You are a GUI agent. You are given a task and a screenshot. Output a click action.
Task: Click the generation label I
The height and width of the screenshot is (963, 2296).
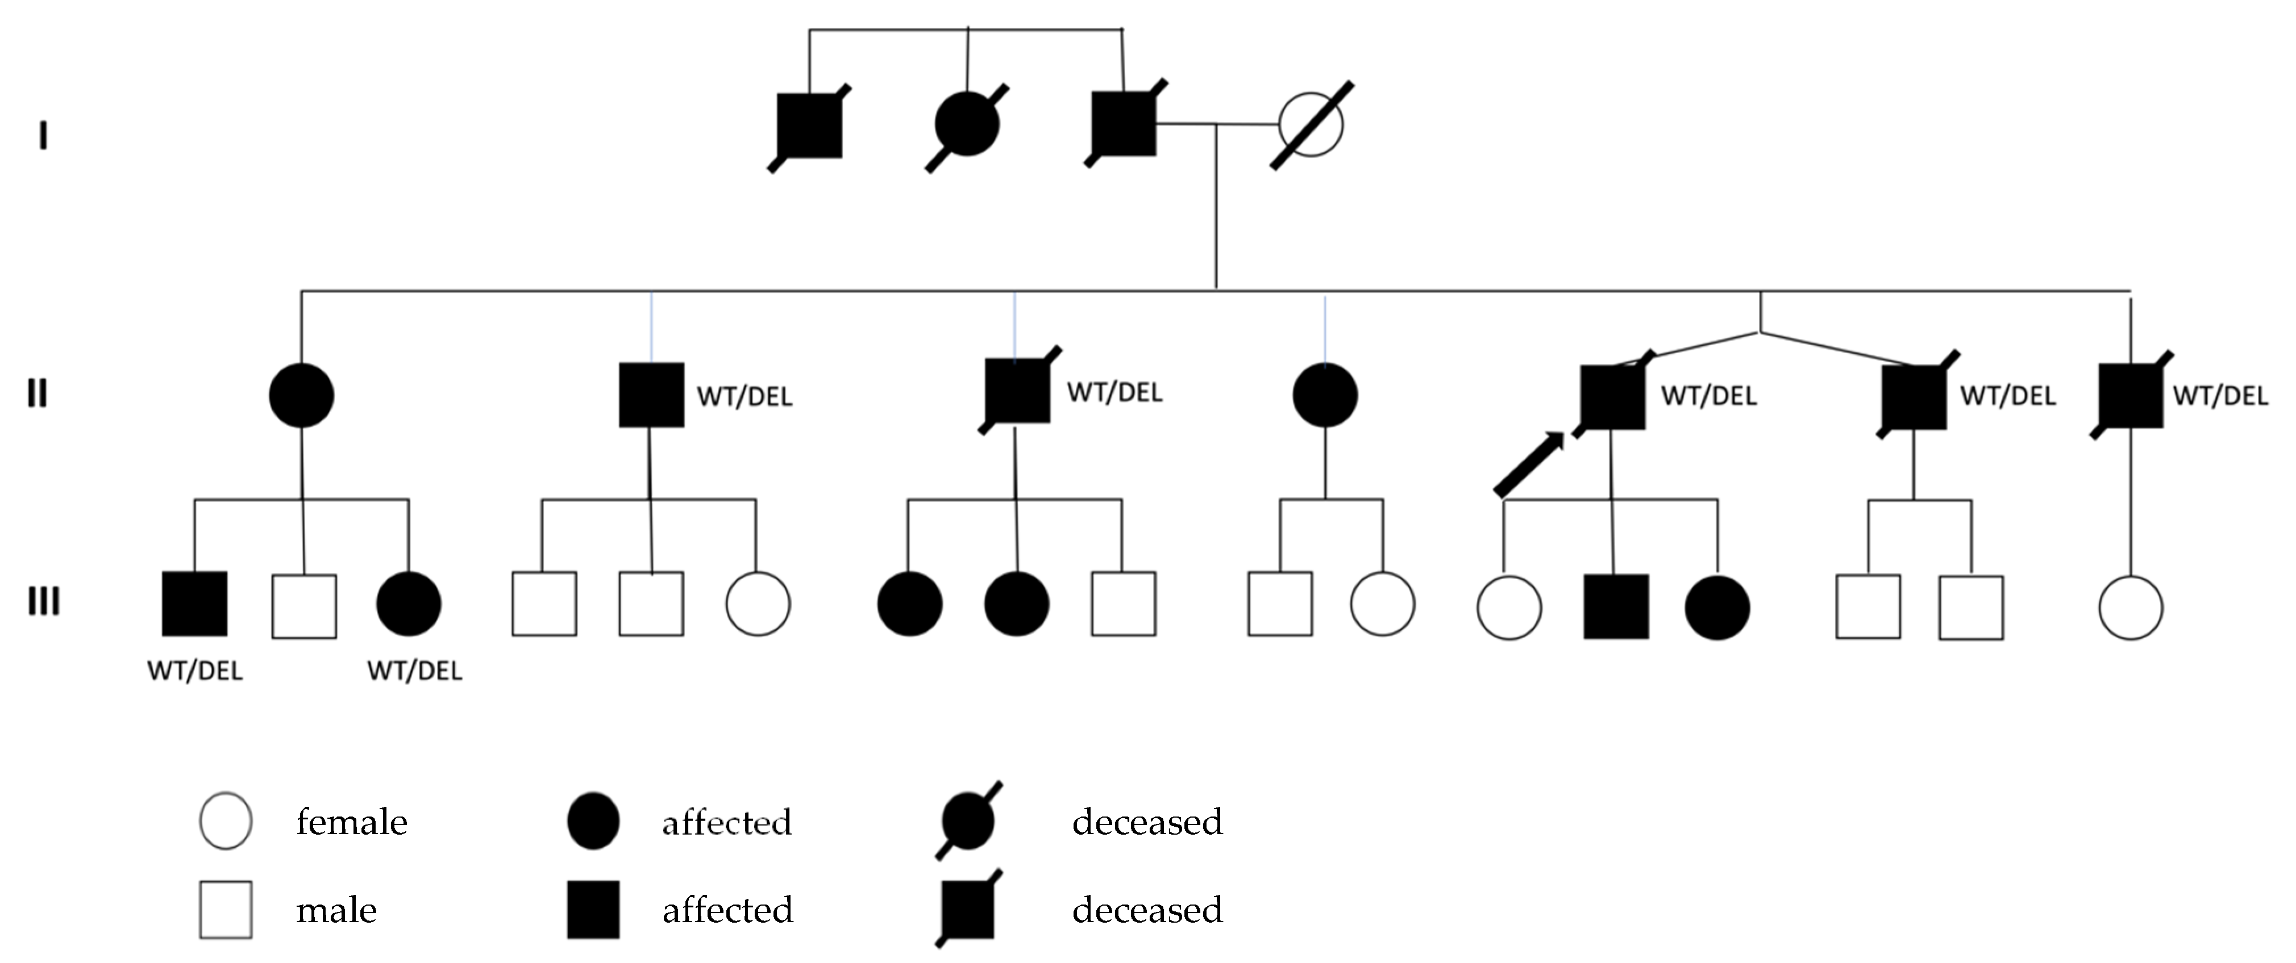click(43, 136)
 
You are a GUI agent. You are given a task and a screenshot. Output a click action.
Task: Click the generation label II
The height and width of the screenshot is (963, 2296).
click(36, 393)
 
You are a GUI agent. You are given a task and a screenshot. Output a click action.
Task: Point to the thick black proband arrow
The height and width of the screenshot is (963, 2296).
click(1528, 464)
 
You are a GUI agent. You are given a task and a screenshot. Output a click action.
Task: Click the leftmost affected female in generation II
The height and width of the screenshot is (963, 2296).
click(301, 395)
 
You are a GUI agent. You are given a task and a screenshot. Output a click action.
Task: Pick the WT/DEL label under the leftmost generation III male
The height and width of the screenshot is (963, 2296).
click(194, 671)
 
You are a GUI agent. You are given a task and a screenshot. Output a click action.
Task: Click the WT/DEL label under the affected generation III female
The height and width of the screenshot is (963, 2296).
click(414, 671)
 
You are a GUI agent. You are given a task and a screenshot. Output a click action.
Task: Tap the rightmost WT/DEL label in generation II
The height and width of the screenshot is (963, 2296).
click(2219, 396)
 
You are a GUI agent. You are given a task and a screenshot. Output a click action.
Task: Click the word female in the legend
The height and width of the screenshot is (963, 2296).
click(351, 822)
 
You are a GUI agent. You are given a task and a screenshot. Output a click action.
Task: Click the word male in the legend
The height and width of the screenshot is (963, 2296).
click(336, 910)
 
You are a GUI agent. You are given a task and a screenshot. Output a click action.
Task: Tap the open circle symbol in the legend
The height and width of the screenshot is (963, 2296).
click(226, 820)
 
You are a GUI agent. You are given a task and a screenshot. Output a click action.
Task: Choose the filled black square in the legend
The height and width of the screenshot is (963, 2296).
click(594, 910)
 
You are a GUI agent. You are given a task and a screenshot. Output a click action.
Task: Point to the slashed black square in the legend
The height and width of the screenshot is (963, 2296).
click(967, 910)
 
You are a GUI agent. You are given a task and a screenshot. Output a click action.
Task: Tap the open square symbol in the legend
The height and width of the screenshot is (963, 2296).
click(226, 910)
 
